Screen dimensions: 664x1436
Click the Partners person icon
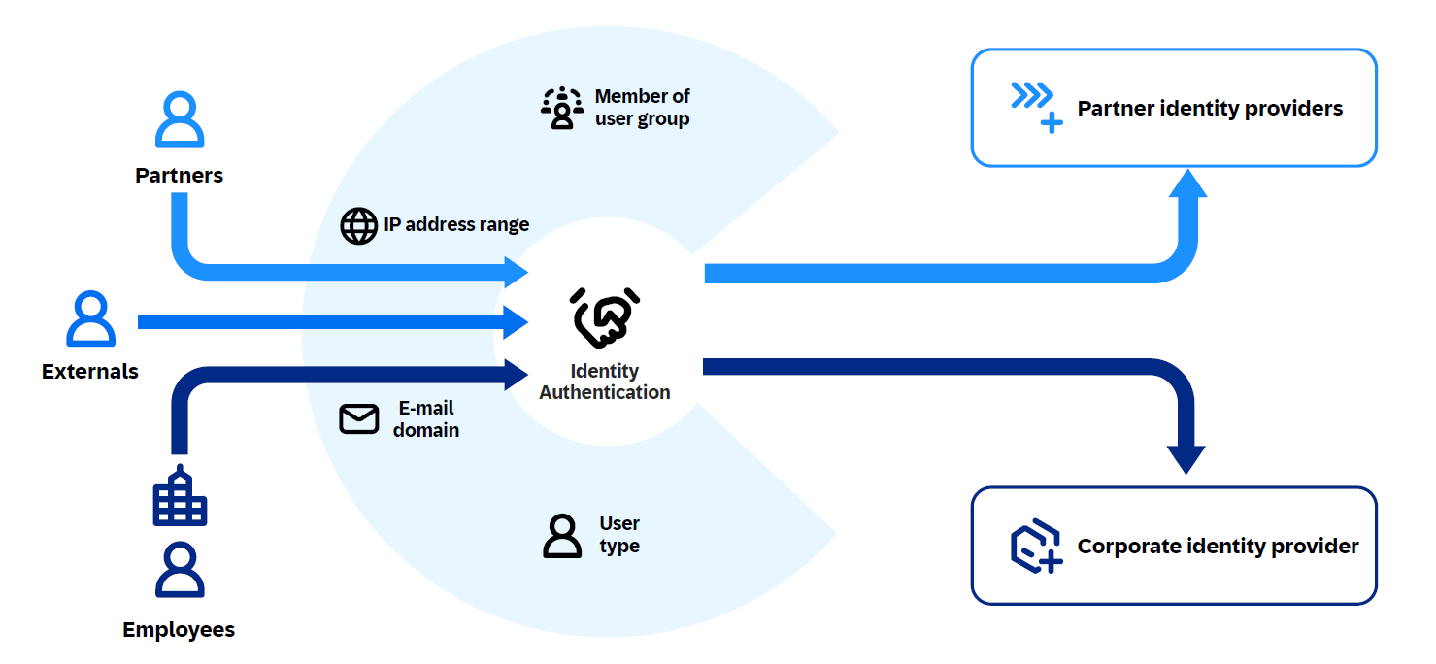[180, 119]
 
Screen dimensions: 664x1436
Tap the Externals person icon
[90, 319]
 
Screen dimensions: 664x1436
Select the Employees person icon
[180, 570]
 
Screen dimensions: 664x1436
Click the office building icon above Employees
[180, 496]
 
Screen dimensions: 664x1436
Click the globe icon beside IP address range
[358, 225]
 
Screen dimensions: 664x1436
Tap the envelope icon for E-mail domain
[358, 418]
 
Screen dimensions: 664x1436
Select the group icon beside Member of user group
[561, 108]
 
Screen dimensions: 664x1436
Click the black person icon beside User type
[562, 535]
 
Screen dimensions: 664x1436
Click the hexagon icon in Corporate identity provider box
[1035, 546]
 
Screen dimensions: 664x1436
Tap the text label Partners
[180, 176]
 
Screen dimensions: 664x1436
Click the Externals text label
[90, 372]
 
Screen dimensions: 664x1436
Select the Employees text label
[179, 630]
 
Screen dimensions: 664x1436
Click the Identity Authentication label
[605, 382]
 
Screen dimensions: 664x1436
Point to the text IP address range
[456, 225]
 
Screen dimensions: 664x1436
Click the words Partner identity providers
[1210, 108]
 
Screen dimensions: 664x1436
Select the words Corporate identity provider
[1218, 546]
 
